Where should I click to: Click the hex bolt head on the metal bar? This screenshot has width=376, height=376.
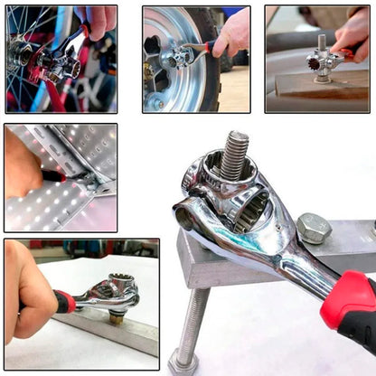313,229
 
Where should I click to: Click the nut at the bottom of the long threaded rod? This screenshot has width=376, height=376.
183,363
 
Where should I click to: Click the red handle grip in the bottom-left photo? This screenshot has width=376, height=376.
64,302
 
